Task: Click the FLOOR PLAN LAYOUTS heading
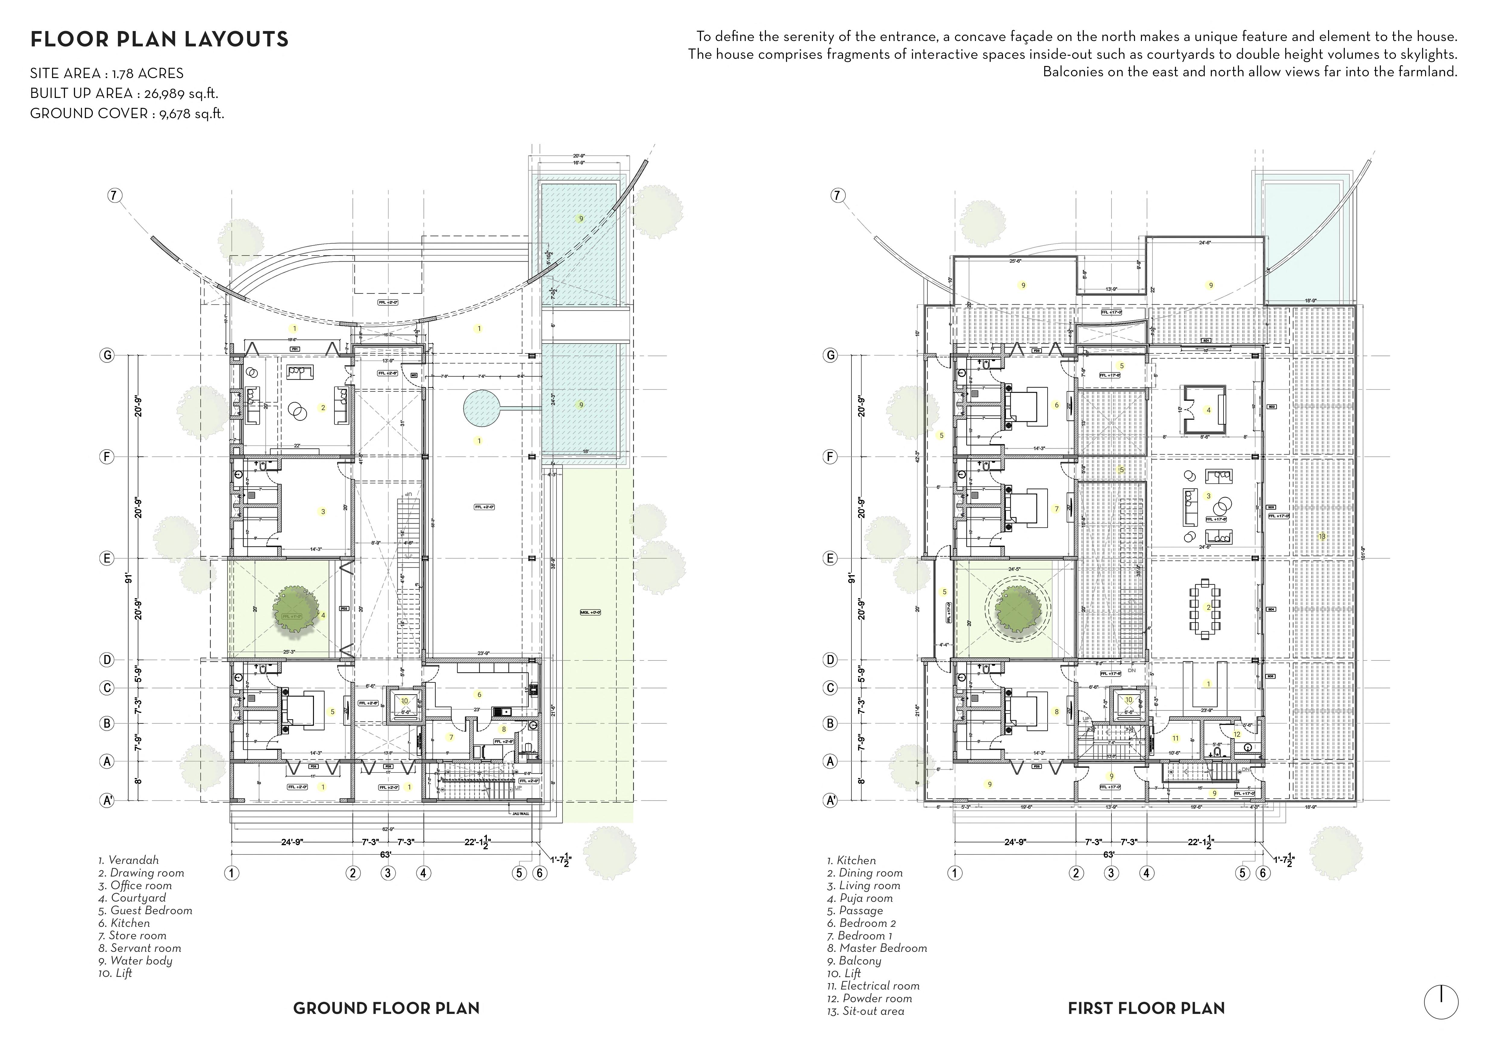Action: tap(159, 40)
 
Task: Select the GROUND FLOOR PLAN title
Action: tap(386, 1008)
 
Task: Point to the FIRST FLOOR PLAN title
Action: tap(1146, 1008)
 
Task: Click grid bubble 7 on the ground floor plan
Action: tap(114, 195)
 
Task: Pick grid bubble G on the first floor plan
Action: tap(830, 356)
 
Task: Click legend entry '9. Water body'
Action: tap(136, 961)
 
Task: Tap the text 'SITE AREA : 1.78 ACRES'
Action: tap(107, 74)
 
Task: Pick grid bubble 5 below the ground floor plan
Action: tap(519, 873)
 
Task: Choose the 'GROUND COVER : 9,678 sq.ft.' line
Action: tap(127, 113)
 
